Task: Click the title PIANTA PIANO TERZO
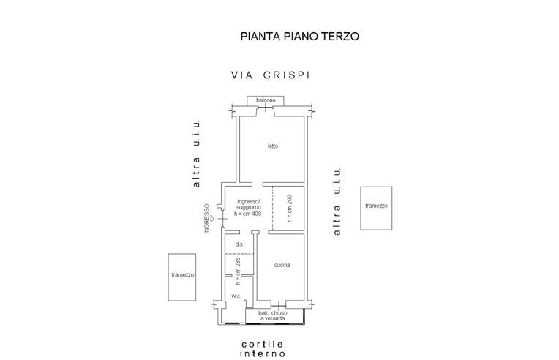point(300,35)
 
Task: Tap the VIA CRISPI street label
point(271,75)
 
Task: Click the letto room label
point(272,146)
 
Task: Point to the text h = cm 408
point(247,214)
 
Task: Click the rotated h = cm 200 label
point(290,209)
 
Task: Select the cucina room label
point(283,265)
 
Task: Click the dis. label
point(239,244)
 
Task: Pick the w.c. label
point(236,296)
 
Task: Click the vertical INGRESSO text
point(208,219)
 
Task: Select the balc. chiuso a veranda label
point(273,315)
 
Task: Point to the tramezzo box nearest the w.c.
point(182,276)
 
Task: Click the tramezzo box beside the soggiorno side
point(376,208)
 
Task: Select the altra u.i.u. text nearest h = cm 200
point(337,201)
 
